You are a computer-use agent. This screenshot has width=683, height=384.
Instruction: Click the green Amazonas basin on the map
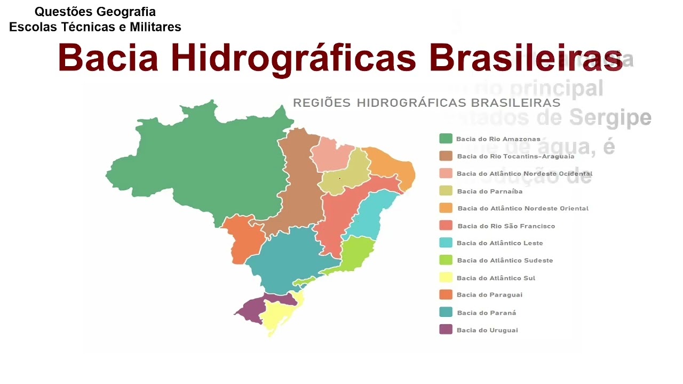point(213,165)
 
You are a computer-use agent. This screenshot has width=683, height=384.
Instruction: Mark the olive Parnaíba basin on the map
point(347,173)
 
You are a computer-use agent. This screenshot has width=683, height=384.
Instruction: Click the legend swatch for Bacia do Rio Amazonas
point(446,139)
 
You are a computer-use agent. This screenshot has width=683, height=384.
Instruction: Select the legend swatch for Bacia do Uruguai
point(446,330)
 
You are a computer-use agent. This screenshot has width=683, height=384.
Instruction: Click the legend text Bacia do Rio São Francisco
point(506,226)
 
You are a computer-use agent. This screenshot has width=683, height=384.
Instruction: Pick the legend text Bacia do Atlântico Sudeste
point(505,261)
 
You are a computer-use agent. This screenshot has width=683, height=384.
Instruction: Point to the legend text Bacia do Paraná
point(486,313)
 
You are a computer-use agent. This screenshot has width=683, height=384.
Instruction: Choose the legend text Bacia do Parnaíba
point(489,191)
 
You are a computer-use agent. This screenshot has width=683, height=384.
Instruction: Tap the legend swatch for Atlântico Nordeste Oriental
point(446,208)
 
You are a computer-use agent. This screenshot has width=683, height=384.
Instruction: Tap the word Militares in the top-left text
point(155,27)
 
